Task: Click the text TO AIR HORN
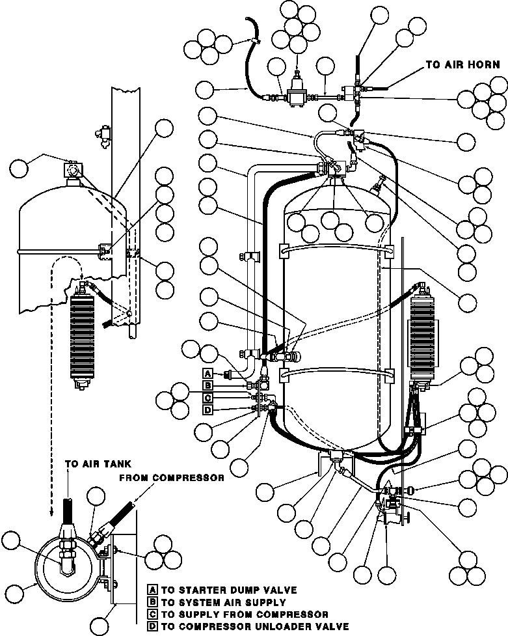point(462,64)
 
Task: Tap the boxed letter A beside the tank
point(207,373)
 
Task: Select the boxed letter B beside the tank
point(207,385)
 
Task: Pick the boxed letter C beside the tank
point(207,398)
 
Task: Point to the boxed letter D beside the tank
point(207,409)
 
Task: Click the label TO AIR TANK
point(98,463)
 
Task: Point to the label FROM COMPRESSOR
point(172,478)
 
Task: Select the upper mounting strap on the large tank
point(336,251)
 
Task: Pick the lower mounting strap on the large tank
point(336,374)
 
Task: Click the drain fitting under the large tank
point(336,457)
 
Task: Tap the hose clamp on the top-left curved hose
point(255,40)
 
